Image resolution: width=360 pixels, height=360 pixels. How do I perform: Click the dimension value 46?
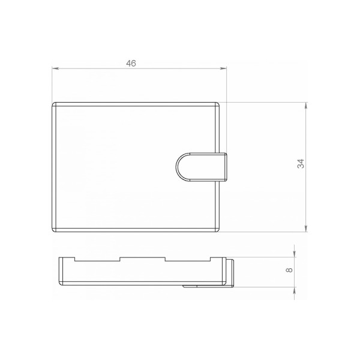[x=131, y=63]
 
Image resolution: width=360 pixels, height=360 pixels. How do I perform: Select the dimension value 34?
[x=301, y=163]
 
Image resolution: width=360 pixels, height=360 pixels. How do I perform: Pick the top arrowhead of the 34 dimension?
[x=307, y=105]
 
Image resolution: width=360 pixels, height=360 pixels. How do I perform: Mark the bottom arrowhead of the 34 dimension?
[x=307, y=228]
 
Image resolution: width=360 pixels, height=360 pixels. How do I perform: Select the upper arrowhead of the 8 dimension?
[x=295, y=255]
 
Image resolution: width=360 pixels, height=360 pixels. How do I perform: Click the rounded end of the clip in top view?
[x=178, y=167]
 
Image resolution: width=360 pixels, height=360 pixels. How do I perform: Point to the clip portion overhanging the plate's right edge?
[x=223, y=167]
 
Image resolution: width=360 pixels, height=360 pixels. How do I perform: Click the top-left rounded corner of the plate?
[x=54, y=104]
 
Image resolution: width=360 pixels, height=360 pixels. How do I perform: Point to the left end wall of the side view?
[x=61, y=270]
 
